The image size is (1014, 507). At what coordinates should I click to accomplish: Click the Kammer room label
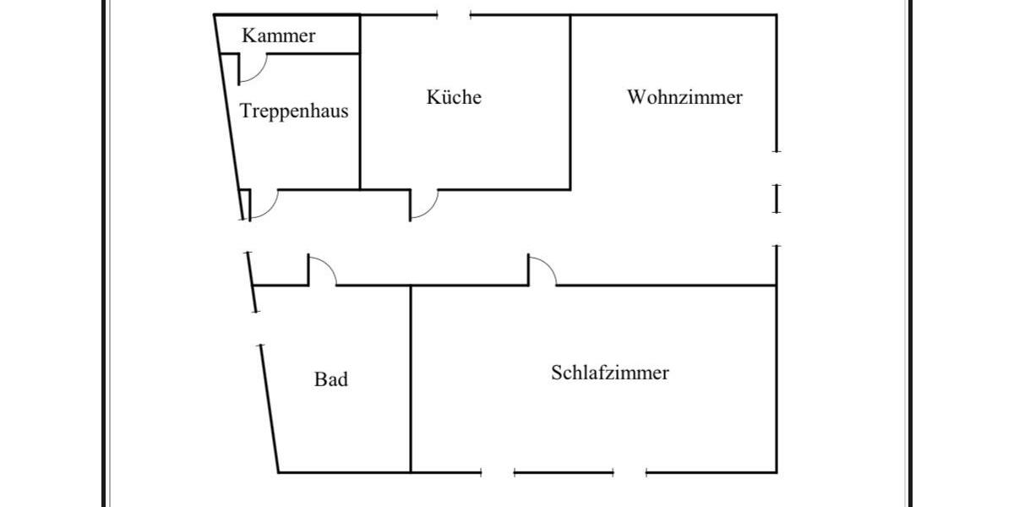pos(278,35)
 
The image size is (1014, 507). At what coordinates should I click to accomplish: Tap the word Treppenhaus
pos(294,111)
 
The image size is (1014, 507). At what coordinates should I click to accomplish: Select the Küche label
pos(454,97)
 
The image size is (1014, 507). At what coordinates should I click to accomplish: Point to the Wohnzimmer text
pos(684,97)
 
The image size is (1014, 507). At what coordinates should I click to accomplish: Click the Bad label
pos(331,379)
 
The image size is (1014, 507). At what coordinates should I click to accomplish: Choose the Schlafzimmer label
pos(610,373)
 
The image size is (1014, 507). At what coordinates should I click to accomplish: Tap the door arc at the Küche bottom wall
pos(425,205)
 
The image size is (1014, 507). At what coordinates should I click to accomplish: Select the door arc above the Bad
pos(323,270)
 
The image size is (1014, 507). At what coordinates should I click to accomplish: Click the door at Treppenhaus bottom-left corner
pos(263,205)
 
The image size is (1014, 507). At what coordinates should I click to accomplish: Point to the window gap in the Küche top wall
pos(454,15)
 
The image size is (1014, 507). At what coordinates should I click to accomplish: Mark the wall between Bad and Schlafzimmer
pos(411,380)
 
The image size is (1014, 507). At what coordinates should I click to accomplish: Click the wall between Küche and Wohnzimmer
pos(570,101)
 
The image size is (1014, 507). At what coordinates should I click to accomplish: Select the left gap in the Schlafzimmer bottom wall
pos(497,472)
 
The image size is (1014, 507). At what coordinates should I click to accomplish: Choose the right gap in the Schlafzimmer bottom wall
pos(630,472)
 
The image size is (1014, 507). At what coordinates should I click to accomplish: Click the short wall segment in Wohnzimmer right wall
pos(777,199)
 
